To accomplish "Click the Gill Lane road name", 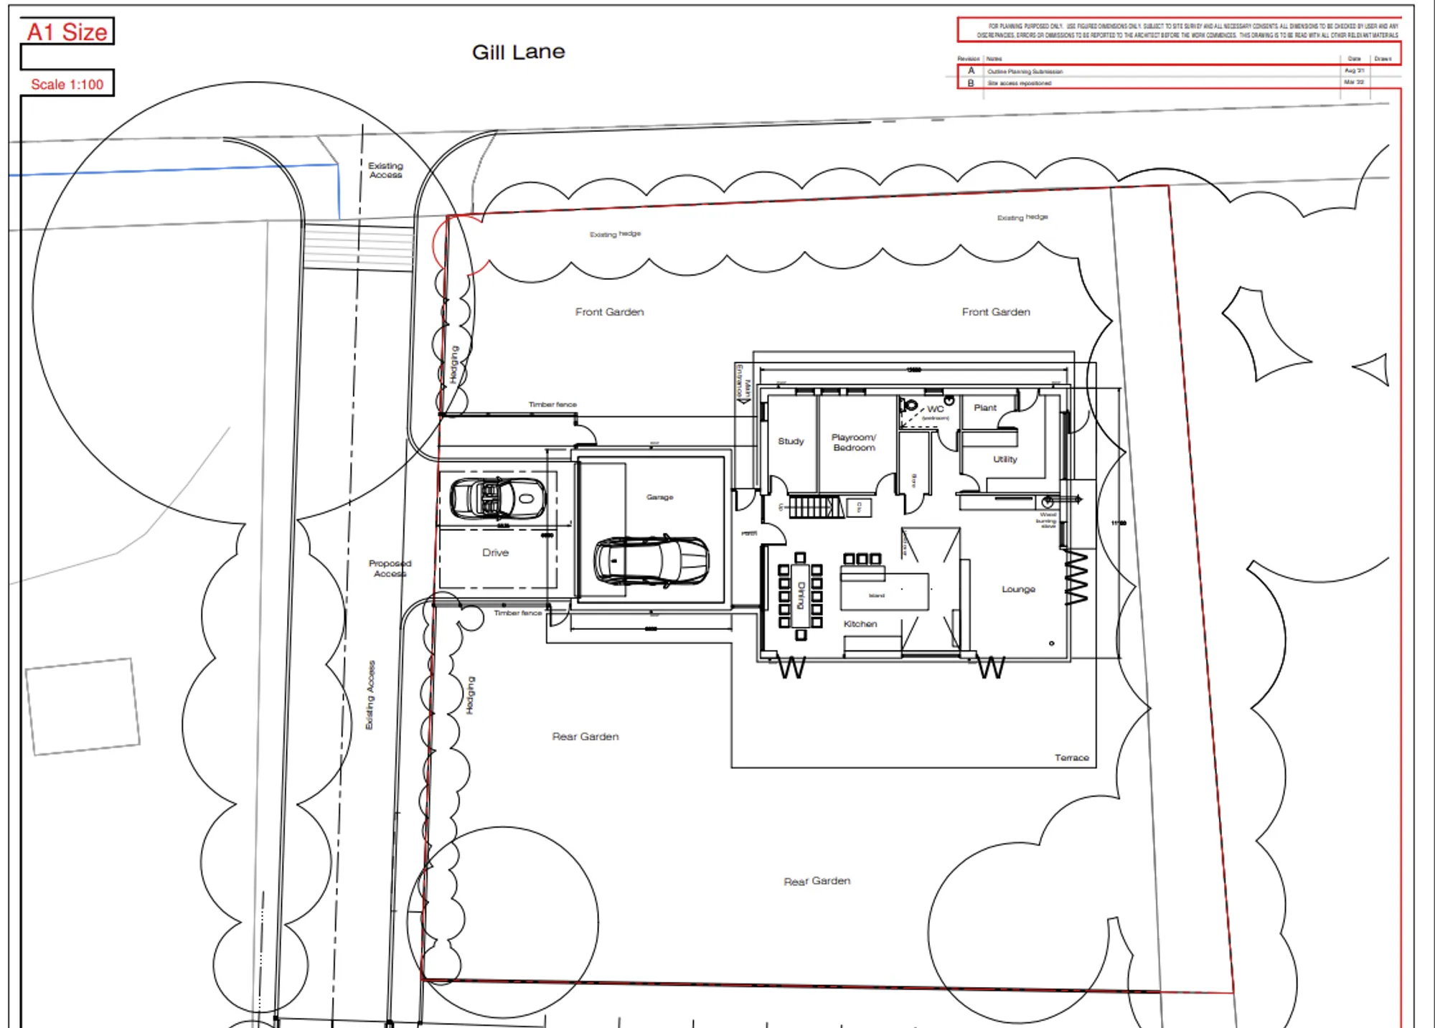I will pos(518,52).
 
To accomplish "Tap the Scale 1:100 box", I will pos(67,84).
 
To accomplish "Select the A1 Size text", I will pos(67,32).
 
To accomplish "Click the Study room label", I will pos(791,441).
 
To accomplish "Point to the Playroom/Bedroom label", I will pos(853,442).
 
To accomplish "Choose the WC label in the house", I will pos(935,409).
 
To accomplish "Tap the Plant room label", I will pos(984,407).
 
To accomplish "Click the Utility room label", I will pos(1004,459).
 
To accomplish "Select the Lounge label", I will pos(1018,589).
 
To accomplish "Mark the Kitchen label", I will pos(860,624).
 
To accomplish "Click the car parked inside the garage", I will pos(651,560).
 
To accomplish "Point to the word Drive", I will pos(495,552).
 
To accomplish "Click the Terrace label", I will pos(1071,758).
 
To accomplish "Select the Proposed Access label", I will pos(390,568).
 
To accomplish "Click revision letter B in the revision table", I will pos(971,83).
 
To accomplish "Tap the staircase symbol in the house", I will pos(814,507).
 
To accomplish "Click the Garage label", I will pos(659,497).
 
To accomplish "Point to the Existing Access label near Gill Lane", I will pos(385,170).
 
